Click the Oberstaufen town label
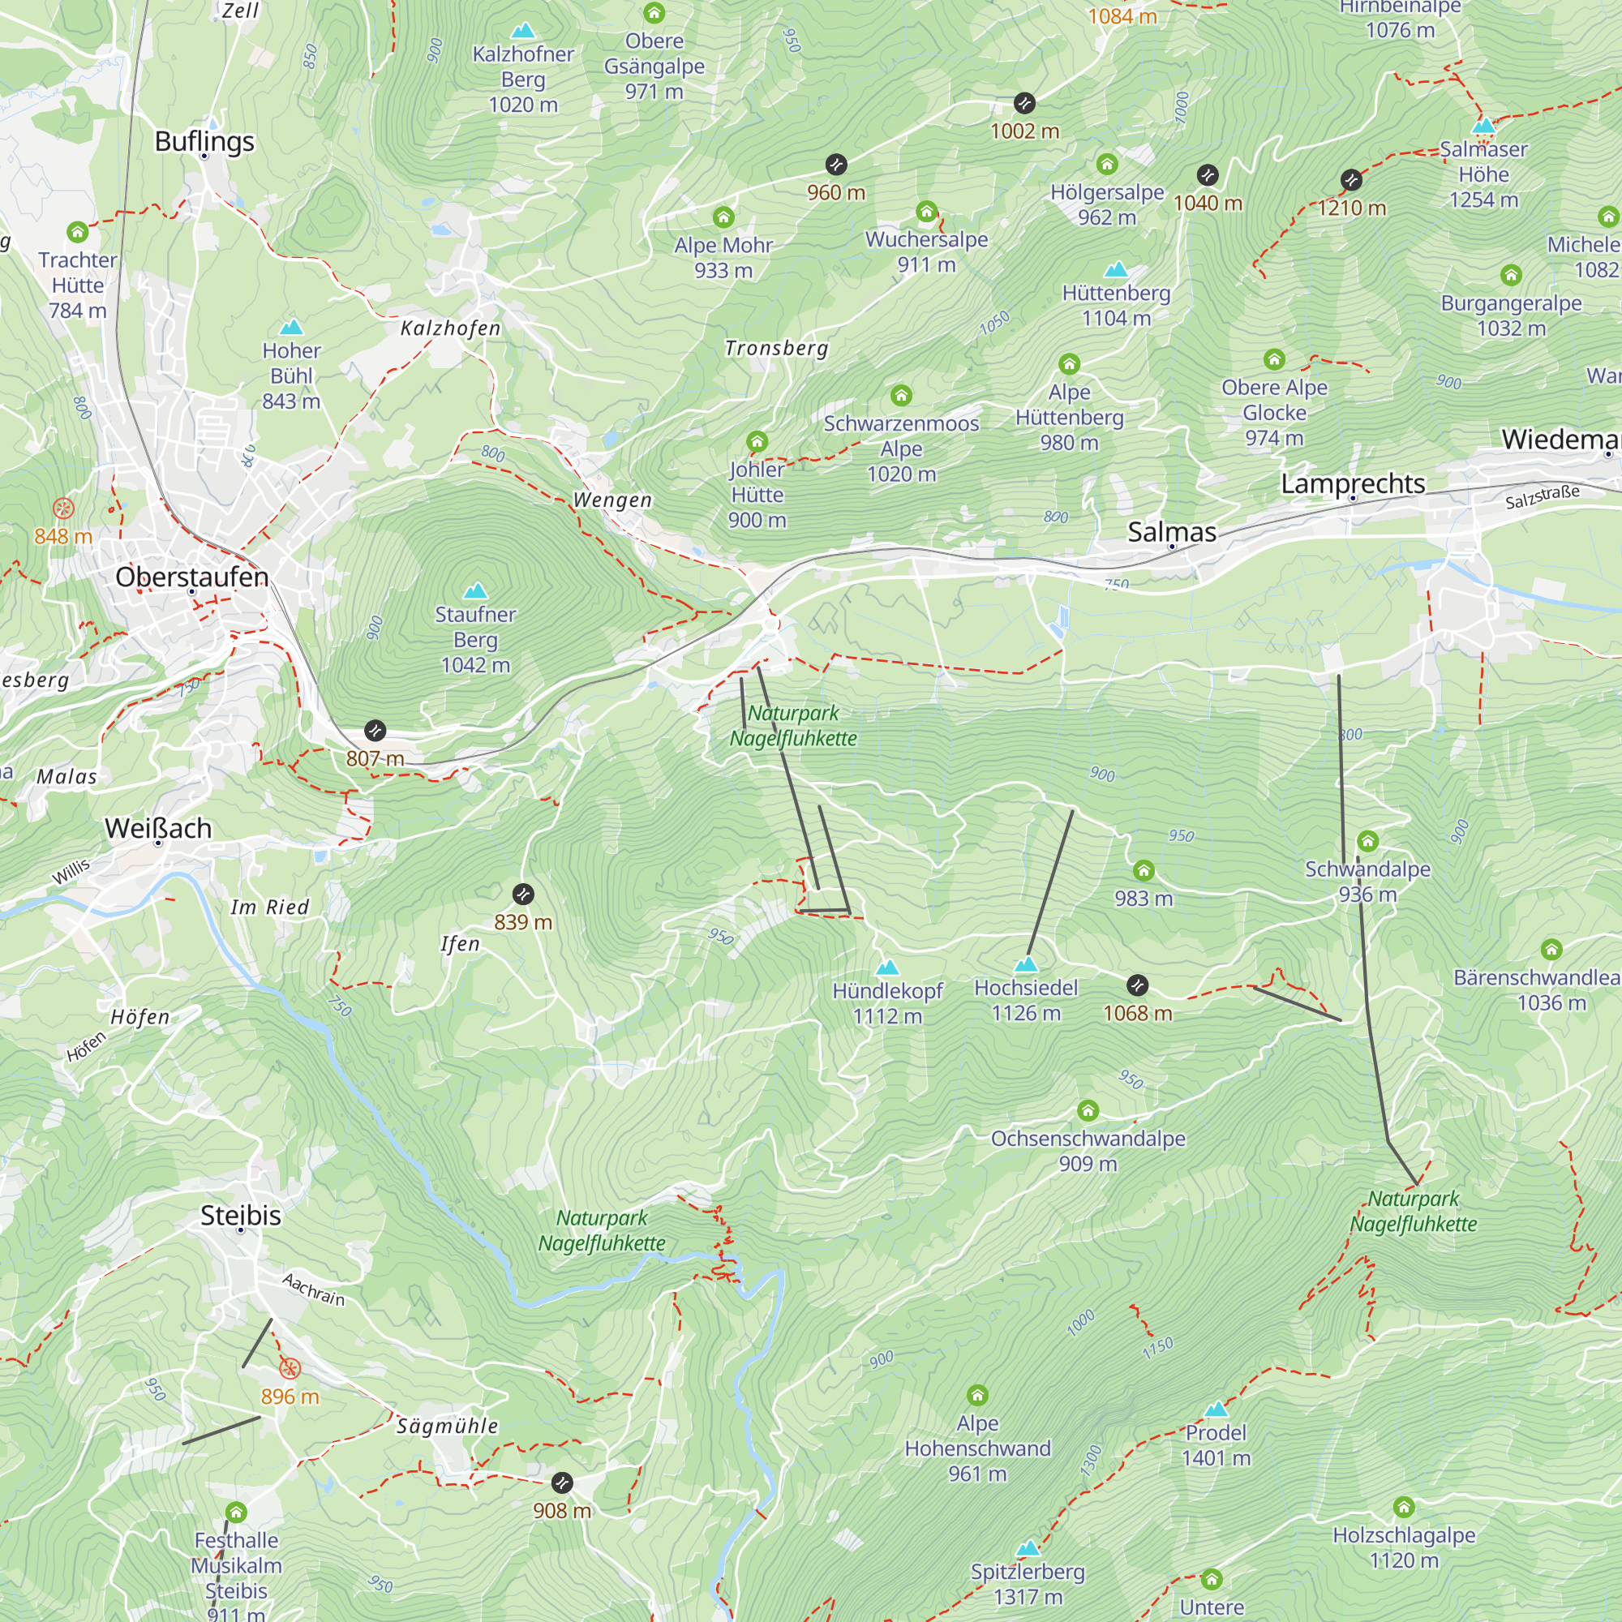pos(192,577)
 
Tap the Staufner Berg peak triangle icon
pos(475,591)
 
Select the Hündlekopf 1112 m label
pos(887,1003)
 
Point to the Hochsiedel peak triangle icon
pos(1026,964)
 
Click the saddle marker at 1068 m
pos(1137,985)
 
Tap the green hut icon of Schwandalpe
pos(1367,840)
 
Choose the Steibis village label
pos(240,1215)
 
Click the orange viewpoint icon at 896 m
pos(290,1369)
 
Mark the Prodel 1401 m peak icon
pos(1216,1410)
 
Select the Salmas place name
pos(1171,531)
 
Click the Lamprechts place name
pos(1353,483)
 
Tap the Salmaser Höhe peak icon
pos(1483,126)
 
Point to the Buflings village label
pos(204,141)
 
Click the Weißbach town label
pos(158,829)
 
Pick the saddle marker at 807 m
pos(375,731)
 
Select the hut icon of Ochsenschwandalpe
pos(1088,1111)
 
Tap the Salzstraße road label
pos(1543,497)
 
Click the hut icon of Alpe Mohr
pos(723,217)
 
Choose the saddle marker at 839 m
pos(523,894)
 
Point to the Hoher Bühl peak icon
pos(291,328)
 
